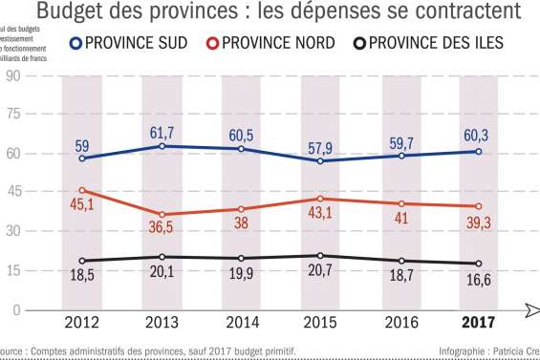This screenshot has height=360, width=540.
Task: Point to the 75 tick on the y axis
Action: pos(13,114)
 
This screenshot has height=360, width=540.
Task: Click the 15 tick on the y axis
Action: pos(13,270)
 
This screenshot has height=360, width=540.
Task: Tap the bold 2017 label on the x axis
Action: pos(477,323)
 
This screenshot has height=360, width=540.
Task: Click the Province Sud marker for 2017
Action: pos(477,152)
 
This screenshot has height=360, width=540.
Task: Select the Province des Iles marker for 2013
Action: pos(162,257)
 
